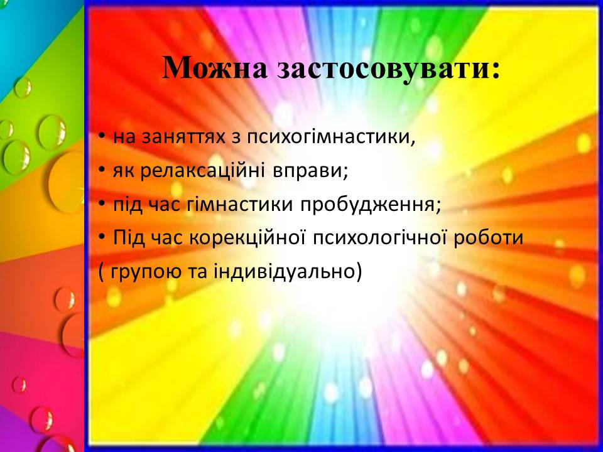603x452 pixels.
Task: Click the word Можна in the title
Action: point(215,68)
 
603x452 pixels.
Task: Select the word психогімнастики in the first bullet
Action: point(331,137)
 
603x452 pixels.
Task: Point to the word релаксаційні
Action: point(202,171)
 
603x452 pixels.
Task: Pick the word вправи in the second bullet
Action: point(310,171)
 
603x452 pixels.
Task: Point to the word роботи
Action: point(489,239)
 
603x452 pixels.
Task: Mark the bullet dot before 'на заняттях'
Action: point(101,137)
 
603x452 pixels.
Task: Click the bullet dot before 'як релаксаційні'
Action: point(101,171)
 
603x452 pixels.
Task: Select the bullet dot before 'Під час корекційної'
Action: point(101,239)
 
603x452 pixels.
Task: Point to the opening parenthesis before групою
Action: point(102,272)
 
